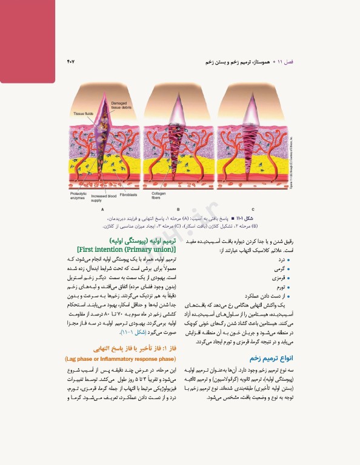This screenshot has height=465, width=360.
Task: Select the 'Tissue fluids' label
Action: click(82, 114)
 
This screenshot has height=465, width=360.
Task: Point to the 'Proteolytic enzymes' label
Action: click(79, 196)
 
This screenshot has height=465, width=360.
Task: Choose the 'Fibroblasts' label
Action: click(128, 195)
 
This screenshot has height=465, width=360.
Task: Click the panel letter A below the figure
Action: click(102, 208)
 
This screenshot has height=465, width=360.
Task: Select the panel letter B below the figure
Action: click(178, 208)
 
